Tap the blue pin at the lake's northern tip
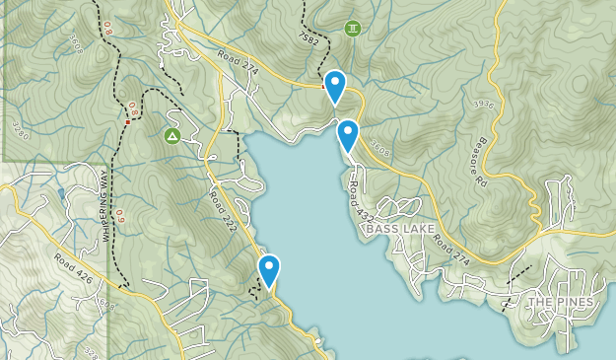tap(347, 134)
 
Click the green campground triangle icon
tap(171, 135)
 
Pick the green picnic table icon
tap(352, 29)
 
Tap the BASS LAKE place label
tap(399, 229)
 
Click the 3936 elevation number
tap(484, 104)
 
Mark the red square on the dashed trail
tap(129, 110)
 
